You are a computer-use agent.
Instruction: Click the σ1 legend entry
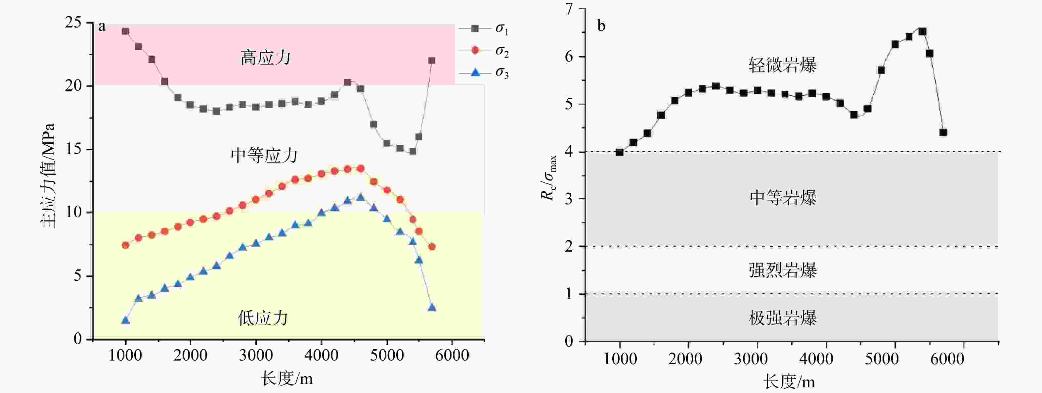pos(484,29)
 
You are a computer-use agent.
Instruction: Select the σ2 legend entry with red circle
pos(484,51)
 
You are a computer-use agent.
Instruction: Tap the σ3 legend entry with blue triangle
pos(484,73)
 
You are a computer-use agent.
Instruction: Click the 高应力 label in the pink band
pos(265,58)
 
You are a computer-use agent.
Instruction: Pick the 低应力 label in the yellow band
pos(263,318)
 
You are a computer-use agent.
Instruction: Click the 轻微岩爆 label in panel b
pos(782,65)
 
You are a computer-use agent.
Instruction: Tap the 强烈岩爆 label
pos(782,270)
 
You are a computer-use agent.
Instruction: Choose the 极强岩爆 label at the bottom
pos(782,318)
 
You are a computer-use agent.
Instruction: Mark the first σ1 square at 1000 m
pos(125,31)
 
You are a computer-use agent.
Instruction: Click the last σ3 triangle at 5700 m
pos(432,308)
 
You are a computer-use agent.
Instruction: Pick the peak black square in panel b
pos(923,31)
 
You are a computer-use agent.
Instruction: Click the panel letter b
pos(601,26)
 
